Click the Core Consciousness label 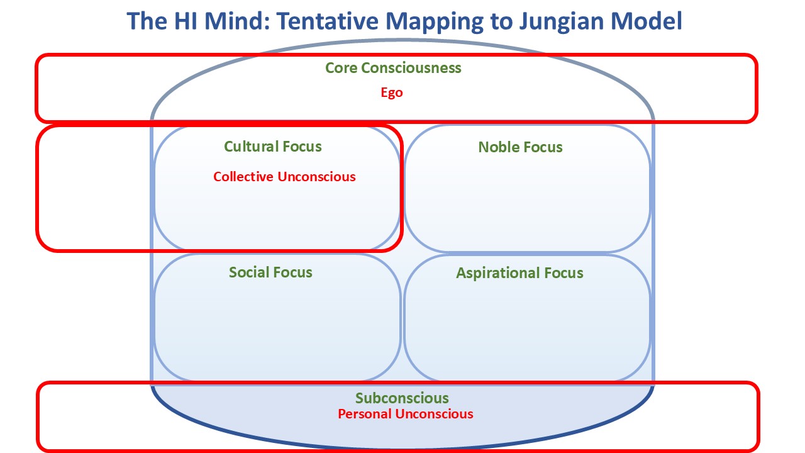click(393, 68)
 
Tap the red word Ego click(392, 92)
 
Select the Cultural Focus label click(273, 147)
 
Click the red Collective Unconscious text click(284, 177)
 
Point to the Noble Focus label click(520, 147)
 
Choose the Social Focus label click(270, 272)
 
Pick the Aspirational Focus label click(519, 273)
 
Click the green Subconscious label click(402, 398)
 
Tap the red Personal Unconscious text click(406, 414)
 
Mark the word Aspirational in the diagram click(497, 273)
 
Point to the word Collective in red click(243, 177)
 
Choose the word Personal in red click(364, 414)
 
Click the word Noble click(497, 147)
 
